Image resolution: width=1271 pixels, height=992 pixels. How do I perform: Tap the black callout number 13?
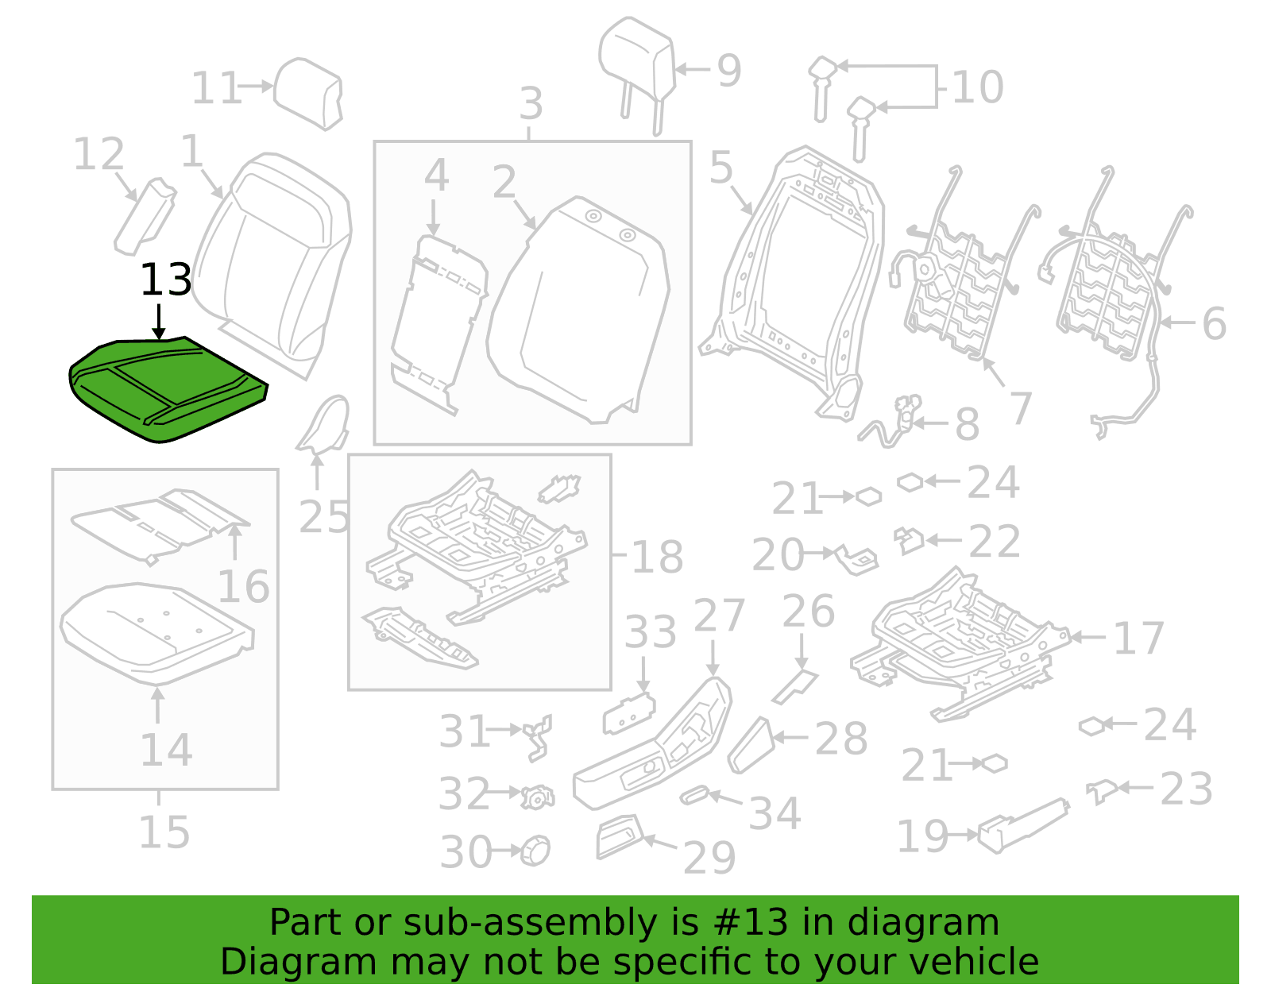166,280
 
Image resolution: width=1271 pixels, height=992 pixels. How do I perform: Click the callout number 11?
216,88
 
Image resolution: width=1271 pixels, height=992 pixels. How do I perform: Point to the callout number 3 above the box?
531,103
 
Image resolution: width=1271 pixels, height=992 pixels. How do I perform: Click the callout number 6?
1215,323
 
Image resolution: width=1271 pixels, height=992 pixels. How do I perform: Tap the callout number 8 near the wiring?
968,424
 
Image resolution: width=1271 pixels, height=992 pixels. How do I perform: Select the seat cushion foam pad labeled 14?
156,634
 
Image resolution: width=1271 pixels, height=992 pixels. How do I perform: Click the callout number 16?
243,586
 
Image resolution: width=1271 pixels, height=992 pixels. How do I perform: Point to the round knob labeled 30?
535,851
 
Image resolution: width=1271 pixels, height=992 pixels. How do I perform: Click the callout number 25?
324,517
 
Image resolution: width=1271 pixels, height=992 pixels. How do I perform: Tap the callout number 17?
1138,639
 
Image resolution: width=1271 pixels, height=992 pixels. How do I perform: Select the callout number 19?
922,836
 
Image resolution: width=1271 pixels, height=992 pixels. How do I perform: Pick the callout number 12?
99,154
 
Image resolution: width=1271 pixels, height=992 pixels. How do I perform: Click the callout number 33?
651,632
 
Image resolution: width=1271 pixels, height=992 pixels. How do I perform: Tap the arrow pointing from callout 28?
790,738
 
